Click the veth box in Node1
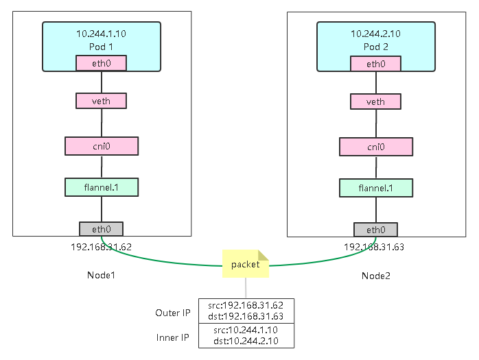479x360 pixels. pos(102,101)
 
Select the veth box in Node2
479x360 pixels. pos(376,101)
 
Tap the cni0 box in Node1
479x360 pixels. pos(102,146)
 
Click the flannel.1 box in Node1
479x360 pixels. pos(102,187)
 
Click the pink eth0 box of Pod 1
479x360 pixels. pos(102,64)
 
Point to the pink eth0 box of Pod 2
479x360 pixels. pos(376,64)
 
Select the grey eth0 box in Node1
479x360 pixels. pos(102,229)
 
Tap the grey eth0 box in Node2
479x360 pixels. pos(376,229)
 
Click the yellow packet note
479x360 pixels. pos(245,264)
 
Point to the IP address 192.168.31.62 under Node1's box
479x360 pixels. pos(101,246)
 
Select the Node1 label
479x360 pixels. pos(102,275)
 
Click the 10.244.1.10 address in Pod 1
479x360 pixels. pos(102,33)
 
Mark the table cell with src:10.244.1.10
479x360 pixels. pos(245,330)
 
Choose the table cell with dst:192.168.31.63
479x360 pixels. pos(245,316)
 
